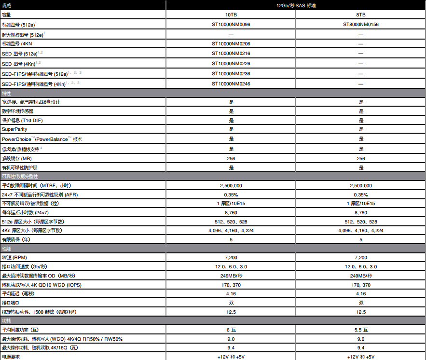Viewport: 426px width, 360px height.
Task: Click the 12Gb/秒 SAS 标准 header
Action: tap(296, 5)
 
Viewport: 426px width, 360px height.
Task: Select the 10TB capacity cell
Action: tap(231, 15)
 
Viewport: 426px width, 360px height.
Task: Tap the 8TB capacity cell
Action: tap(361, 15)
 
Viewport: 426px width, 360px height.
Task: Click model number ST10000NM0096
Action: tap(231, 24)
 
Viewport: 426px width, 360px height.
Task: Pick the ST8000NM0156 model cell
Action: tap(361, 24)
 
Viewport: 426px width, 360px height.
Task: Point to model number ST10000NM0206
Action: tap(231, 44)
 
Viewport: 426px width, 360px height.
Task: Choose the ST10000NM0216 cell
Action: tap(231, 54)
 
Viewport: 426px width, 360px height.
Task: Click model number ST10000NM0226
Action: tap(231, 64)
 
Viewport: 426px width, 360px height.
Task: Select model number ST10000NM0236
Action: tap(231, 74)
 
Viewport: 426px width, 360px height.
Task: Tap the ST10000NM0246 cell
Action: tap(231, 84)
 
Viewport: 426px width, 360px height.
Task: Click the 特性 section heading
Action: tap(7, 93)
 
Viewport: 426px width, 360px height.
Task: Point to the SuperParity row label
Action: tap(14, 129)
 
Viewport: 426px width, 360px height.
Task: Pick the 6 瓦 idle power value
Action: tap(231, 330)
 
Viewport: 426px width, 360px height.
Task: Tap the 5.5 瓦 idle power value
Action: tap(361, 330)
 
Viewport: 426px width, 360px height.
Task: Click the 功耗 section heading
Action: tap(7, 320)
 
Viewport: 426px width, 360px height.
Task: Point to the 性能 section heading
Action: tap(7, 248)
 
